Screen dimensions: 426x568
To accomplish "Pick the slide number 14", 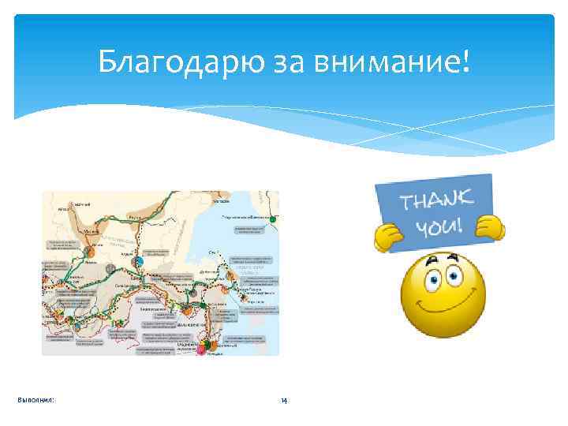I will tap(284, 401).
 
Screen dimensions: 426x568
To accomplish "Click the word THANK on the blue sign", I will tap(435, 202).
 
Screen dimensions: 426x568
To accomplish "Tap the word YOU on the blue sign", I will tap(436, 228).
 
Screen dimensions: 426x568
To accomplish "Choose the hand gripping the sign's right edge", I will tap(491, 228).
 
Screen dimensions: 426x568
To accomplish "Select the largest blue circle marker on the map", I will tap(139, 261).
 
